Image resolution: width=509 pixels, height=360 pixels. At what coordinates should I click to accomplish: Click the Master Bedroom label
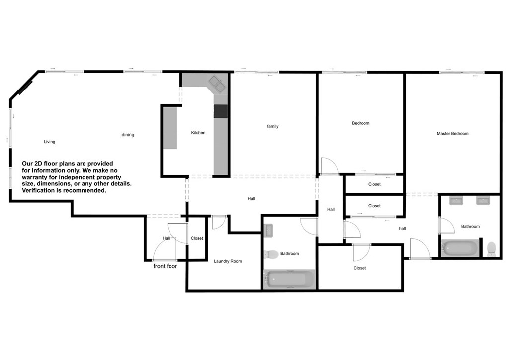(x=452, y=133)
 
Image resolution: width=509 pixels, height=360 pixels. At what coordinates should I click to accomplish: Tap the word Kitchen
(x=198, y=132)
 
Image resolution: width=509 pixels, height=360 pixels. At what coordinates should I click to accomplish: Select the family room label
(x=273, y=126)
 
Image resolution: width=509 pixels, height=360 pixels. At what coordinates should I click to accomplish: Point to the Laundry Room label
(x=228, y=261)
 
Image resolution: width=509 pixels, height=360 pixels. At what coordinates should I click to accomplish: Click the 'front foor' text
(x=165, y=266)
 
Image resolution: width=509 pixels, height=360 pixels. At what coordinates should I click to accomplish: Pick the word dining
(x=128, y=135)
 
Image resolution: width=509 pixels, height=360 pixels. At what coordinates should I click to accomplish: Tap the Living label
(x=49, y=142)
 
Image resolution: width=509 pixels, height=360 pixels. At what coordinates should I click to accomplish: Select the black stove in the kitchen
(x=220, y=111)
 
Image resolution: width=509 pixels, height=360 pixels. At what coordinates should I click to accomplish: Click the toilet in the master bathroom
(x=491, y=248)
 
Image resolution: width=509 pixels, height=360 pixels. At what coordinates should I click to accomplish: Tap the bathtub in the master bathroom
(x=460, y=248)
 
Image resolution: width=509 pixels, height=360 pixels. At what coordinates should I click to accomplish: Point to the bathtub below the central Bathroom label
(x=289, y=279)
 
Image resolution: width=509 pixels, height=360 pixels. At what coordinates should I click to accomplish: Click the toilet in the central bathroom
(x=271, y=254)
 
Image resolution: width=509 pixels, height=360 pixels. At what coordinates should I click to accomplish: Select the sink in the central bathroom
(x=268, y=231)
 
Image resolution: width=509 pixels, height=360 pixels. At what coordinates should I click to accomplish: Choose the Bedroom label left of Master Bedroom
(x=361, y=123)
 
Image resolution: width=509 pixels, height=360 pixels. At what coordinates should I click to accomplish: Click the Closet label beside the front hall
(x=197, y=238)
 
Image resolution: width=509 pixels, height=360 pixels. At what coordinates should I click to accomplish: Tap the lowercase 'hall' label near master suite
(x=402, y=229)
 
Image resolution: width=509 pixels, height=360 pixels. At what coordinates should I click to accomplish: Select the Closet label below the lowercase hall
(x=360, y=268)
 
